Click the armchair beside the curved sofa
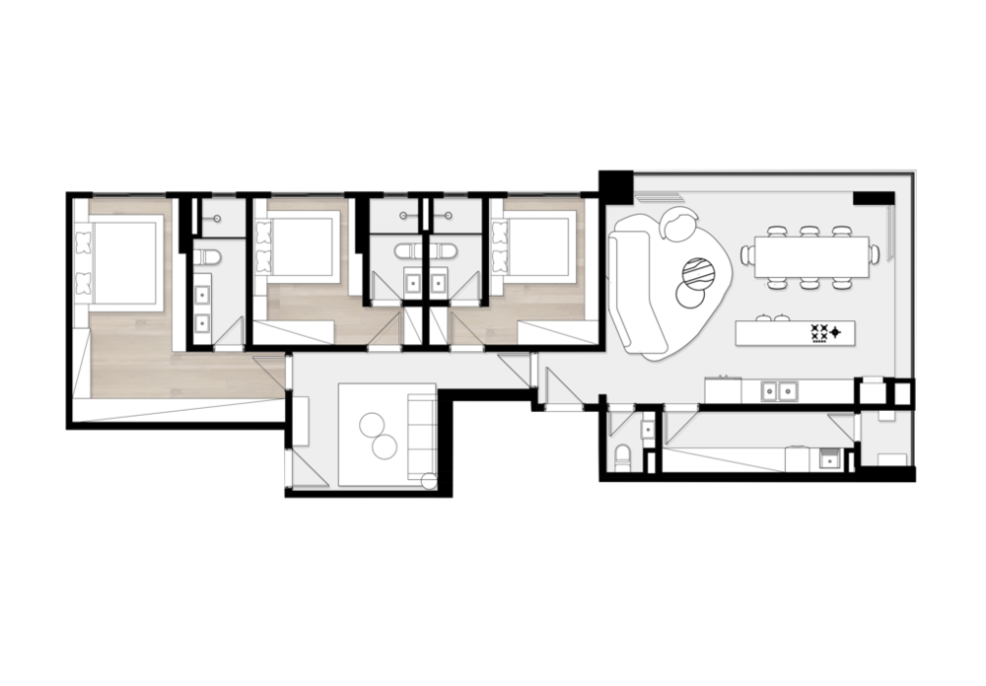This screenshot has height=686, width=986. coord(678,225)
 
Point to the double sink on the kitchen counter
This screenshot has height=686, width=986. coord(777,391)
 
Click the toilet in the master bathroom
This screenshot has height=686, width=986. coord(205,257)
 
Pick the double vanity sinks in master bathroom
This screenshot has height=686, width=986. coord(204,308)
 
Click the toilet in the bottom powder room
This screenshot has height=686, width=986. coord(621,458)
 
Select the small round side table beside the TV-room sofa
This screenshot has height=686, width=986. coord(427,481)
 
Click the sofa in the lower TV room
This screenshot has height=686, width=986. coord(420,434)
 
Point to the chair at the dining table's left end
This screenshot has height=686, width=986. coord(747,255)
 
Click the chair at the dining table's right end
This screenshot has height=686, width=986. coord(875,254)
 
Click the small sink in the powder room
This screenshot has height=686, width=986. coord(647,429)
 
